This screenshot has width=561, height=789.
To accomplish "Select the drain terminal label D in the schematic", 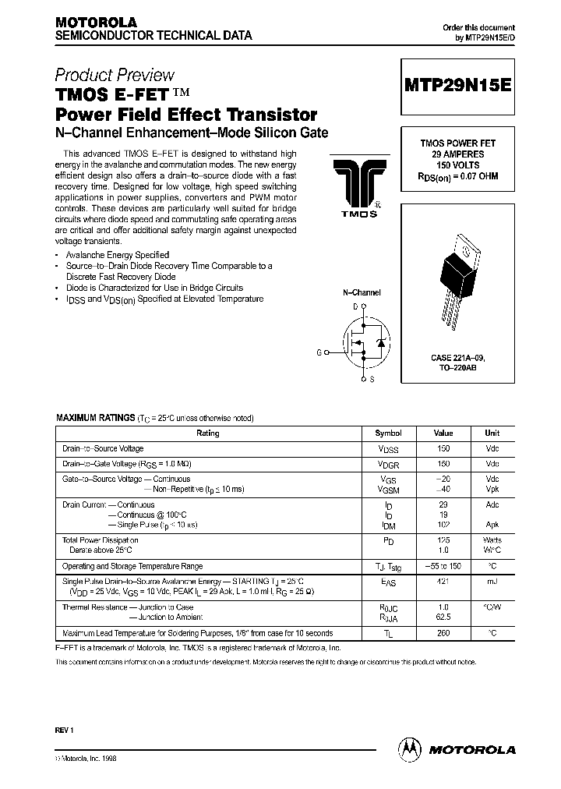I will click(355, 307).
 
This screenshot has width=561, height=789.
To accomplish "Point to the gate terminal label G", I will click(319, 352).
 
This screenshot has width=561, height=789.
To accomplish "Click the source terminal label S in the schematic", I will click(371, 380).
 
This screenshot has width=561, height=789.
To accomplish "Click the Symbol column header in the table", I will click(388, 433).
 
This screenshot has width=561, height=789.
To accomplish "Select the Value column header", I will click(443, 433).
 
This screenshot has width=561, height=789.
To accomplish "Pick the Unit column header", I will click(492, 433).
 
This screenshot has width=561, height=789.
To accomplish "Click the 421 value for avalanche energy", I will click(443, 582).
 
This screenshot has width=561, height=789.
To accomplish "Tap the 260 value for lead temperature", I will click(443, 633).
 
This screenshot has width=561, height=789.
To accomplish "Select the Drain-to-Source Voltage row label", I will click(103, 449).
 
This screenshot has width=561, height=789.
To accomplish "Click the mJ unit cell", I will click(492, 582).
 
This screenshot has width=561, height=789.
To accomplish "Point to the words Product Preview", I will click(115, 76).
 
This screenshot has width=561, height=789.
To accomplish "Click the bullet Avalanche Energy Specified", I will click(118, 255).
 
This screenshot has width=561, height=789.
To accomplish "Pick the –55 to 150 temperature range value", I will click(443, 566).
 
